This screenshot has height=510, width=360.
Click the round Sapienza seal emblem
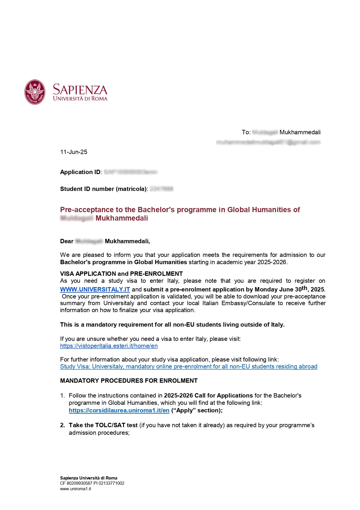click(35, 92)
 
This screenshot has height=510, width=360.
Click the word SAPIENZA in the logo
click(80, 90)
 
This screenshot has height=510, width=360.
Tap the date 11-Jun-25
click(73, 152)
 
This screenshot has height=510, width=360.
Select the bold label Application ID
click(80, 172)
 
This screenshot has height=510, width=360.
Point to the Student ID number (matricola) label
click(103, 189)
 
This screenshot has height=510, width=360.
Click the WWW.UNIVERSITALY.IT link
click(95, 289)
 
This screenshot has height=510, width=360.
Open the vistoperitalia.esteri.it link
click(109, 346)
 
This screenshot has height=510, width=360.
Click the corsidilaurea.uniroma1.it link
click(119, 410)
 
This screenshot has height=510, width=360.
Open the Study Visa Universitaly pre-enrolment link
click(189, 366)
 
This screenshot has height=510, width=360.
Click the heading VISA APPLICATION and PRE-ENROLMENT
click(121, 274)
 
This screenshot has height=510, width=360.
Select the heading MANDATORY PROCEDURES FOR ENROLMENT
click(129, 381)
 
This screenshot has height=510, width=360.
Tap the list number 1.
click(62, 396)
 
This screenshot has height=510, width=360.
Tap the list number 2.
click(62, 425)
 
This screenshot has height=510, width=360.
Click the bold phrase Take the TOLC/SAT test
click(103, 425)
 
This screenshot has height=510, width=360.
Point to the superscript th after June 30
click(304, 288)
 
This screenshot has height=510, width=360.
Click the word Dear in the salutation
click(67, 241)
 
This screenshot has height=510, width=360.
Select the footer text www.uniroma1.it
click(75, 489)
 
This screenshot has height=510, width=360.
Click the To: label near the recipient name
click(246, 133)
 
